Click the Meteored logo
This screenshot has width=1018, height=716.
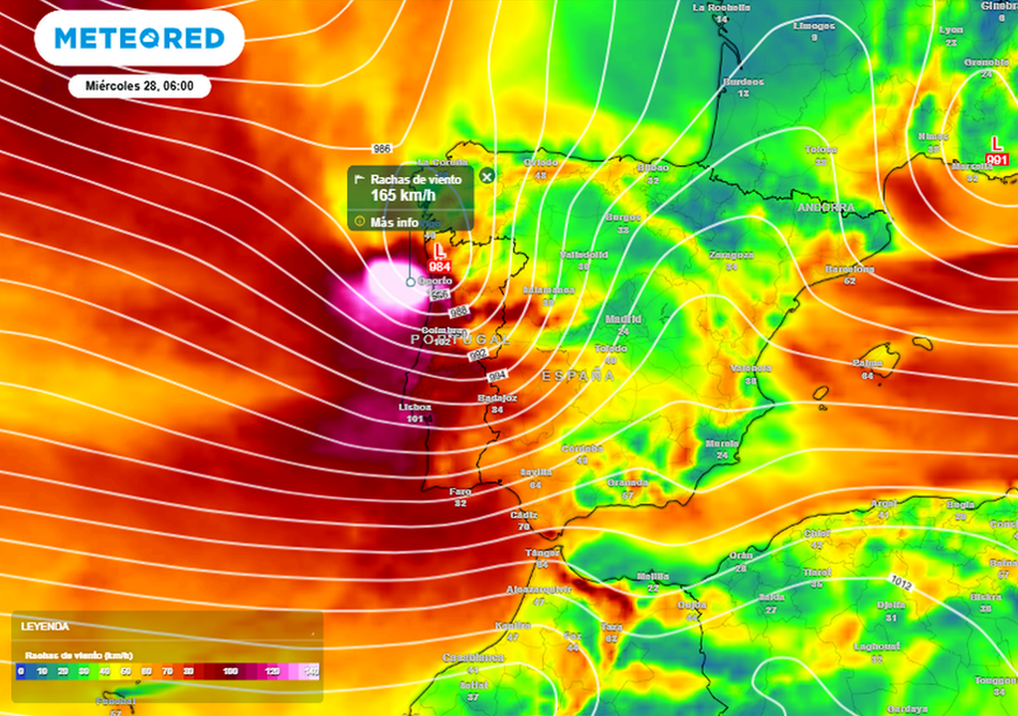click(139, 39)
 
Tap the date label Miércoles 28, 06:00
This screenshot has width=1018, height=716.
click(139, 87)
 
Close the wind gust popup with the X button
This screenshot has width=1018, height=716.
click(487, 177)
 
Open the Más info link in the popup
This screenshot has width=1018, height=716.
click(395, 222)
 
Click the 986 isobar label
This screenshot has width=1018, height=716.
click(382, 148)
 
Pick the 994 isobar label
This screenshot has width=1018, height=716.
click(498, 375)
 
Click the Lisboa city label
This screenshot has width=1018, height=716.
click(415, 407)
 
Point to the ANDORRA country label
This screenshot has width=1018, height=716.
click(825, 208)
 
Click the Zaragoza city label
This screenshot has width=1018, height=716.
click(731, 256)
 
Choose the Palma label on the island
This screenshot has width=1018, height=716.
click(867, 363)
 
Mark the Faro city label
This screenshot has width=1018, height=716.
click(459, 491)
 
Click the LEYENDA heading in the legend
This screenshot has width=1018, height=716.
click(45, 627)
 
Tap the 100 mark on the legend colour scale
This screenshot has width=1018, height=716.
click(231, 672)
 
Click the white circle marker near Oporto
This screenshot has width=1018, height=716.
click(411, 281)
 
